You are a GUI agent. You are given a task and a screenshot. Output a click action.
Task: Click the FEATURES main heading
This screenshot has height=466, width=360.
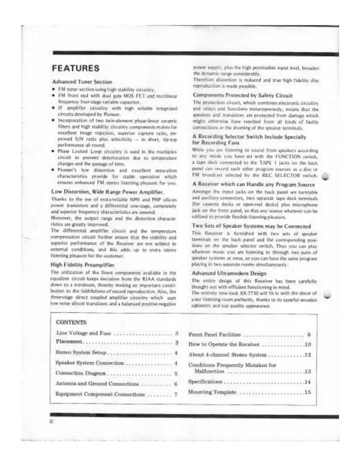[x=75, y=68]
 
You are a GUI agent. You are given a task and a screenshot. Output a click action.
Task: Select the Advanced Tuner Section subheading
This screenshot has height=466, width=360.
[x=82, y=82]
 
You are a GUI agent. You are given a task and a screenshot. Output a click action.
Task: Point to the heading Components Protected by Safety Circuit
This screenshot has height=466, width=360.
[x=242, y=96]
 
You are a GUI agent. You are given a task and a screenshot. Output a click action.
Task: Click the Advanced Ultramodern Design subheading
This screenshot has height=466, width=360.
[x=230, y=273]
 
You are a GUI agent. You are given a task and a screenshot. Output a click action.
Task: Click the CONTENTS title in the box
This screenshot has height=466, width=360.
[x=71, y=322]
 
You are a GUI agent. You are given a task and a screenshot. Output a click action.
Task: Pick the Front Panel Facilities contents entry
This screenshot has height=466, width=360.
[x=215, y=334]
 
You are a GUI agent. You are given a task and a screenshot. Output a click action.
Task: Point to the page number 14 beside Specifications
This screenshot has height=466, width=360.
[x=307, y=382]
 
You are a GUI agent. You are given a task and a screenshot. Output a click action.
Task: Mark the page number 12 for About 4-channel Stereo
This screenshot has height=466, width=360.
[x=307, y=355]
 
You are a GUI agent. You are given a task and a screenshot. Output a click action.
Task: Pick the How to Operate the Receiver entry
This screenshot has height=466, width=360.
[x=225, y=344]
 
